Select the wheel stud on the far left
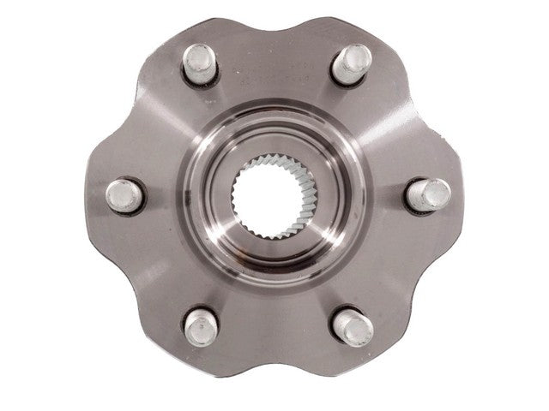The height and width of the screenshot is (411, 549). (x=124, y=194)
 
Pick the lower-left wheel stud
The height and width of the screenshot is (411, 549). (x=199, y=326)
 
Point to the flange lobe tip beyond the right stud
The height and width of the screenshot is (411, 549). (x=459, y=194)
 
